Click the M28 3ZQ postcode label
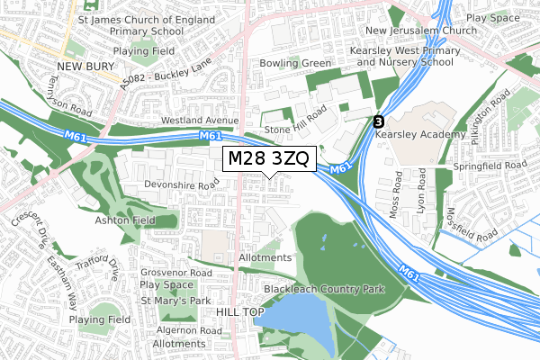pos(268,159)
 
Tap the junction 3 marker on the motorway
pos(378,121)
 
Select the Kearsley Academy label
pos(441,134)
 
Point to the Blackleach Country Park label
pos(324,289)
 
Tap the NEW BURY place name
pos(83,67)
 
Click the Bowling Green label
pos(296,64)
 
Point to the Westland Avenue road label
pos(199,120)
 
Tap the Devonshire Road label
pos(183,185)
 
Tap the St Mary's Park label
pos(175,301)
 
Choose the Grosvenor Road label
pos(176,272)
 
